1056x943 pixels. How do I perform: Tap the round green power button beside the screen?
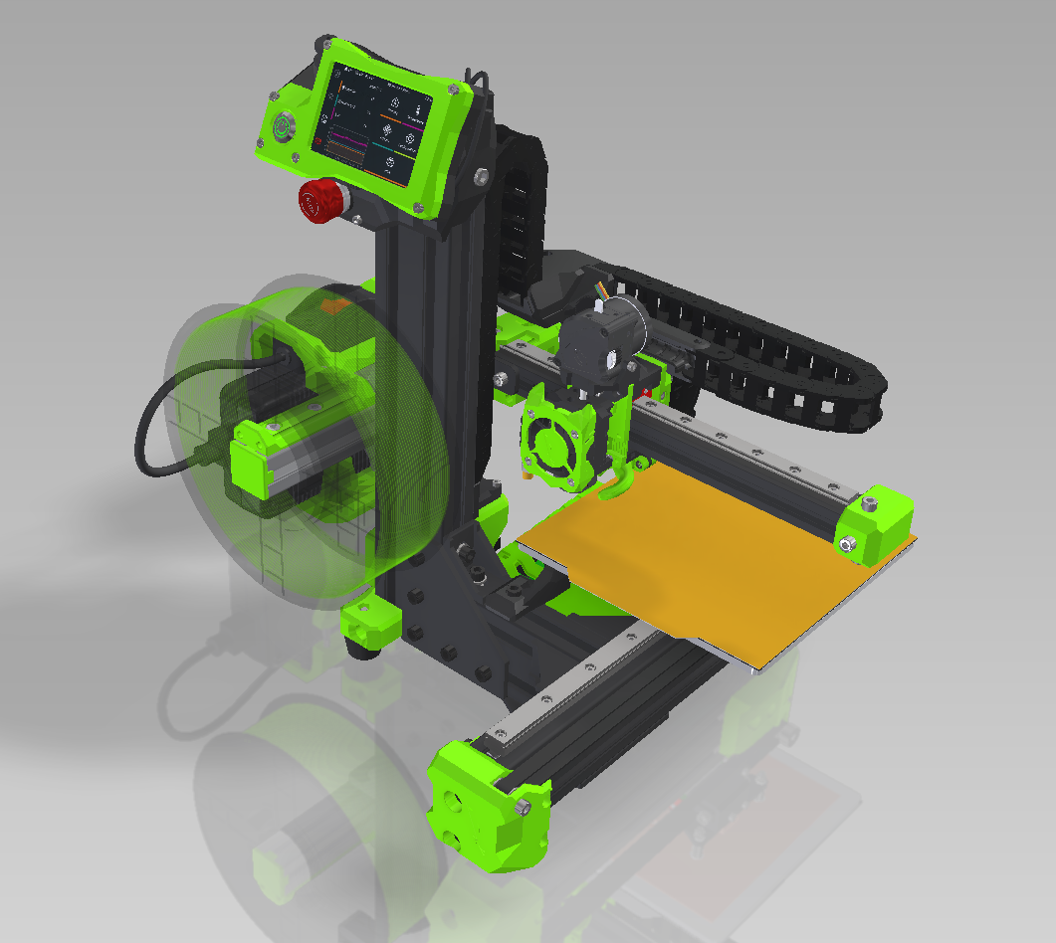tap(285, 126)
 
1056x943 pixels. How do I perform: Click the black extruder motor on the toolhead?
tap(603, 343)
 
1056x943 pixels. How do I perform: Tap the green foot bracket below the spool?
tap(370, 621)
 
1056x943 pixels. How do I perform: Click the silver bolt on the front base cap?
tap(522, 805)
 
